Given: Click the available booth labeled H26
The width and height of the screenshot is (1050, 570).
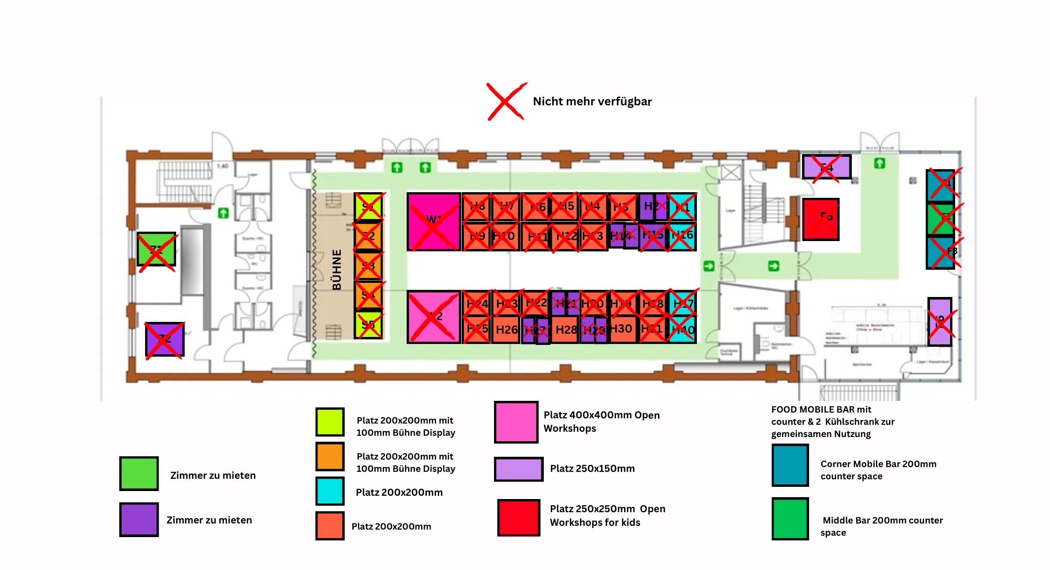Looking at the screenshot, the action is [506, 329].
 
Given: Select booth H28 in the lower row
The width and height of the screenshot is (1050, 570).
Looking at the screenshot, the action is [565, 329].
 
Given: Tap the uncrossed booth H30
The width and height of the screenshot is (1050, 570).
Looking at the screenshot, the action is [621, 328].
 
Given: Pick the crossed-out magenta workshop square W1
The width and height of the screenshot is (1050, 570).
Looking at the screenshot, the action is [433, 221].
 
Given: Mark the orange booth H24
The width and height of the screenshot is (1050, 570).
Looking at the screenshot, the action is [477, 304].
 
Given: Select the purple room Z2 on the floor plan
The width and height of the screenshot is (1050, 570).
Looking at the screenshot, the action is [164, 339].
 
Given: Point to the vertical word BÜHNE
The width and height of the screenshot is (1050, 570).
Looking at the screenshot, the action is [337, 270].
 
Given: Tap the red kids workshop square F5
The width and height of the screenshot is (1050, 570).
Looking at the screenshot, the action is [821, 219].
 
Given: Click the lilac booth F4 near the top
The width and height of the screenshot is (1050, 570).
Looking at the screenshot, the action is [826, 167].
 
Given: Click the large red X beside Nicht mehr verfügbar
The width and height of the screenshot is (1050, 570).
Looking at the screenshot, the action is [506, 102].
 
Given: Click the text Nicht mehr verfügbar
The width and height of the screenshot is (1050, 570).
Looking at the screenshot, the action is [592, 102].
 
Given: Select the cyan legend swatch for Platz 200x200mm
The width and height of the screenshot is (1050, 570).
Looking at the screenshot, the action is [330, 491].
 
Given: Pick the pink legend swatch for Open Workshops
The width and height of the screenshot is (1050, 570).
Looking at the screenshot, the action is [516, 422].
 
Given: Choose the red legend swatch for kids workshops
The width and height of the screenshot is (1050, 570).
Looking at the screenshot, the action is [518, 518].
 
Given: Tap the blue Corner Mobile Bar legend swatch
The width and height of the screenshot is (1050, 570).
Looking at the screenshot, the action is [790, 465].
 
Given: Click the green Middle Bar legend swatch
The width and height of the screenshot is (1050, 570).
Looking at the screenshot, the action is [790, 519].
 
